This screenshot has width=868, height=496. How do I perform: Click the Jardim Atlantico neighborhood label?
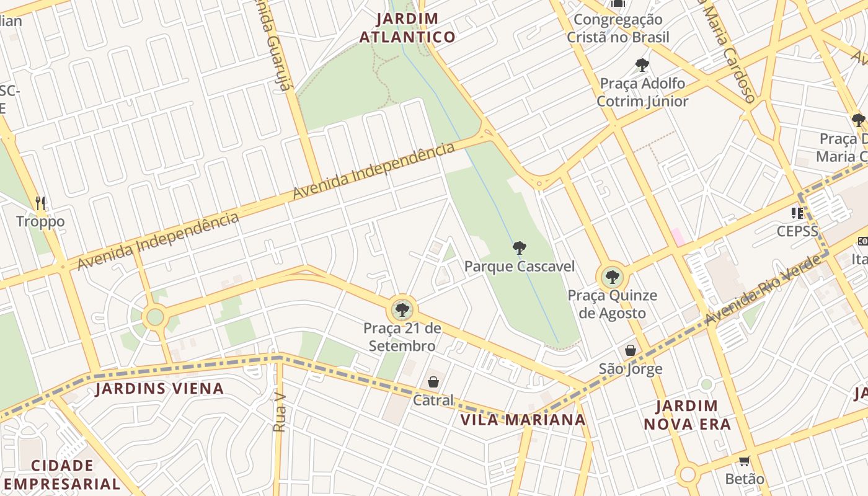pos(407,28)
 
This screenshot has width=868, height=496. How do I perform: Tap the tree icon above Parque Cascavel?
pos(520,249)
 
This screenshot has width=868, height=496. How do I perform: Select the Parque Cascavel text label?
pos(520,267)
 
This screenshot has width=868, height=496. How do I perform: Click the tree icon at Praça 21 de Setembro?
pos(402,309)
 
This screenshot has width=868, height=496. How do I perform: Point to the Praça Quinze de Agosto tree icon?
pos(613,277)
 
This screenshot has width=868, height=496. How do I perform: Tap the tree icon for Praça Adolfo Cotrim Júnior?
pos(642,65)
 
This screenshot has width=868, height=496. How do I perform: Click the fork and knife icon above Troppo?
pos(40,203)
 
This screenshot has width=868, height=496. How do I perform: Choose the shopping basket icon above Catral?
pos(433,382)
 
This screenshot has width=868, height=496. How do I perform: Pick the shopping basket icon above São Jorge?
pos(631,350)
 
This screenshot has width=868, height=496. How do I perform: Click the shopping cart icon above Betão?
pos(745,461)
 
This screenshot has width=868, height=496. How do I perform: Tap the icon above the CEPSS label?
pos(797,213)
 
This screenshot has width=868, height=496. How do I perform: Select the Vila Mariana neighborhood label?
pos(523,420)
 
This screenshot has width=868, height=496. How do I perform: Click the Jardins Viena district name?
pos(159,389)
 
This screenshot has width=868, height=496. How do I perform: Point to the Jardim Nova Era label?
pos(687,415)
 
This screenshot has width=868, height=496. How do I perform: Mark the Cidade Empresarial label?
pos(62,475)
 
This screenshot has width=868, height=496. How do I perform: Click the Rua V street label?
pos(280,412)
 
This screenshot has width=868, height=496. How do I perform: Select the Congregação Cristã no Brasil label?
pos(618,29)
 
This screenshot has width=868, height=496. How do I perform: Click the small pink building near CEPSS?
pos(677,237)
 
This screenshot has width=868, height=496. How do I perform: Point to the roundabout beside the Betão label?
pos(688,475)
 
